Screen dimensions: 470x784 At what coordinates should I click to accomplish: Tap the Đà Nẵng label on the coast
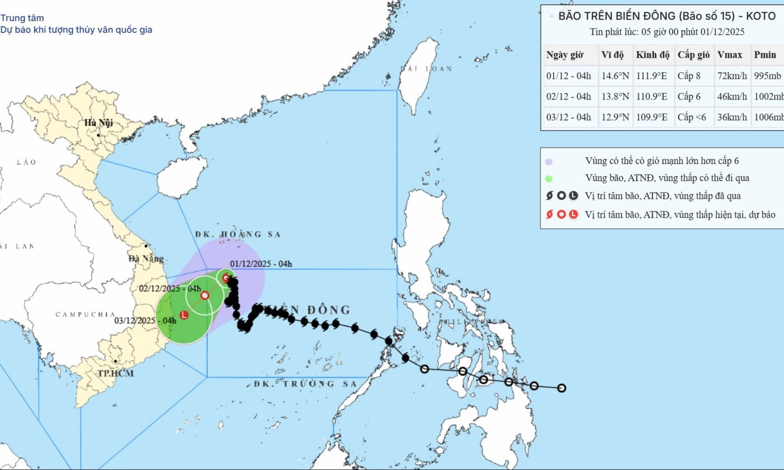pos(146,258)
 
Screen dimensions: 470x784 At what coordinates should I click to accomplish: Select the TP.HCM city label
pos(115,373)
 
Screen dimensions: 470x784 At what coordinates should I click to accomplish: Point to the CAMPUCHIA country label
pos(85,314)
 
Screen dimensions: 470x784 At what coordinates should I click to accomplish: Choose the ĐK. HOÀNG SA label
pos(238,234)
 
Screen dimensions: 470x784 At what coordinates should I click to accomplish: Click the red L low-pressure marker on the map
pos(184,315)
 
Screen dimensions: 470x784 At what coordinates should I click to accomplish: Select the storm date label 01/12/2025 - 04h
pos(262,264)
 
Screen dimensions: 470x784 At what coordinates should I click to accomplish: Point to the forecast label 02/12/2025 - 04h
pos(170,289)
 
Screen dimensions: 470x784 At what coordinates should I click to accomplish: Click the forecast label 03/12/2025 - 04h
pos(145,321)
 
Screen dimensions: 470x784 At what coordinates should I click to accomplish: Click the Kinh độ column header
pos(652,55)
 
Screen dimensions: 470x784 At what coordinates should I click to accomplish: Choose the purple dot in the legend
pos(549,161)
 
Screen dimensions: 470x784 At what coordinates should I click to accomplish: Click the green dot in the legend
pos(549,178)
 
